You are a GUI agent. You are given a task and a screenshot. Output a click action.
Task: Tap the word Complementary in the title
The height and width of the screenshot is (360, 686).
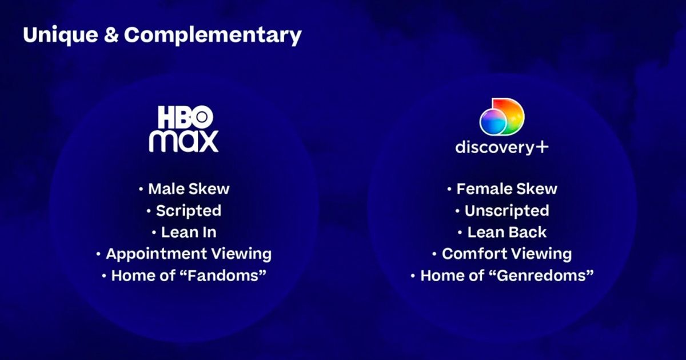coord(213,35)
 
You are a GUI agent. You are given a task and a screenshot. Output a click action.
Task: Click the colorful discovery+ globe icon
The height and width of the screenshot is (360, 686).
coord(501,117)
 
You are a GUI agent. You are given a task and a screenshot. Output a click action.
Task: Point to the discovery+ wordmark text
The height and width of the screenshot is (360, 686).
coord(495,147)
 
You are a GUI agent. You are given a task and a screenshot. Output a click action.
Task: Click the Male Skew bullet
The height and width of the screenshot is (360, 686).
coord(188,189)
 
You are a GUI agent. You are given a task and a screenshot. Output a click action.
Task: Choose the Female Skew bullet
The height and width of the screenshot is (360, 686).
coord(506,189)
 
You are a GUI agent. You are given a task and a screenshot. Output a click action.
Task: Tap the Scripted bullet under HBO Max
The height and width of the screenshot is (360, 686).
coord(188,210)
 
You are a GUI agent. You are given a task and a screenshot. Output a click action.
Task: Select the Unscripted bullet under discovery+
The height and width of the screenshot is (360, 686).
coord(506,210)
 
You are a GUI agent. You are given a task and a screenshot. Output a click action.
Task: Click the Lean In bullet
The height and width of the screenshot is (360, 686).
coord(188,232)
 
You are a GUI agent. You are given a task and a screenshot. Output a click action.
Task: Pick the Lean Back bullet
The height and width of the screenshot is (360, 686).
coord(506,232)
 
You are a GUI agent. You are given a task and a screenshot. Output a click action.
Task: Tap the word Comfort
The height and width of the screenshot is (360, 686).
coord(474,254)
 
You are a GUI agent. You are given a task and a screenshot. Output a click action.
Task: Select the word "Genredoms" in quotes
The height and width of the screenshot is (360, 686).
coord(543,275)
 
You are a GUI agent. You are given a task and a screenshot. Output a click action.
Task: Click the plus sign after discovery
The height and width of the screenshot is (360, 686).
coord(541,147)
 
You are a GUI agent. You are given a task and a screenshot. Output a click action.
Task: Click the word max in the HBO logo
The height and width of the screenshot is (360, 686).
coord(184,141)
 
